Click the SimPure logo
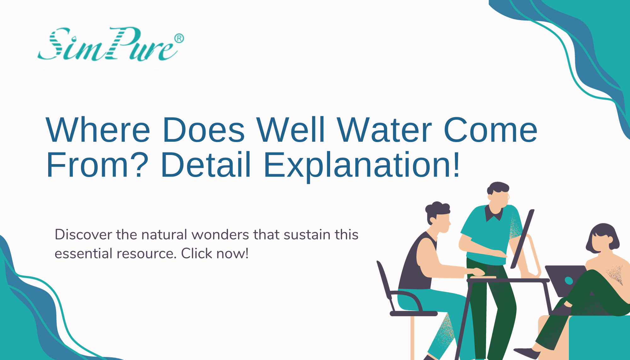tap(107, 44)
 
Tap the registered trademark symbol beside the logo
tap(179, 38)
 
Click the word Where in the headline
tap(98, 130)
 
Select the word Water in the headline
tap(384, 130)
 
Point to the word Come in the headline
tap(490, 130)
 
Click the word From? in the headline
tap(97, 165)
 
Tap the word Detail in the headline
tap(206, 165)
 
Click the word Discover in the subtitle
tap(83, 235)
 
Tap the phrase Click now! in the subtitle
tap(215, 254)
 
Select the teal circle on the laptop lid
tap(569, 280)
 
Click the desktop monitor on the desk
tap(522, 239)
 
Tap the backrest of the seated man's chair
tap(385, 280)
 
